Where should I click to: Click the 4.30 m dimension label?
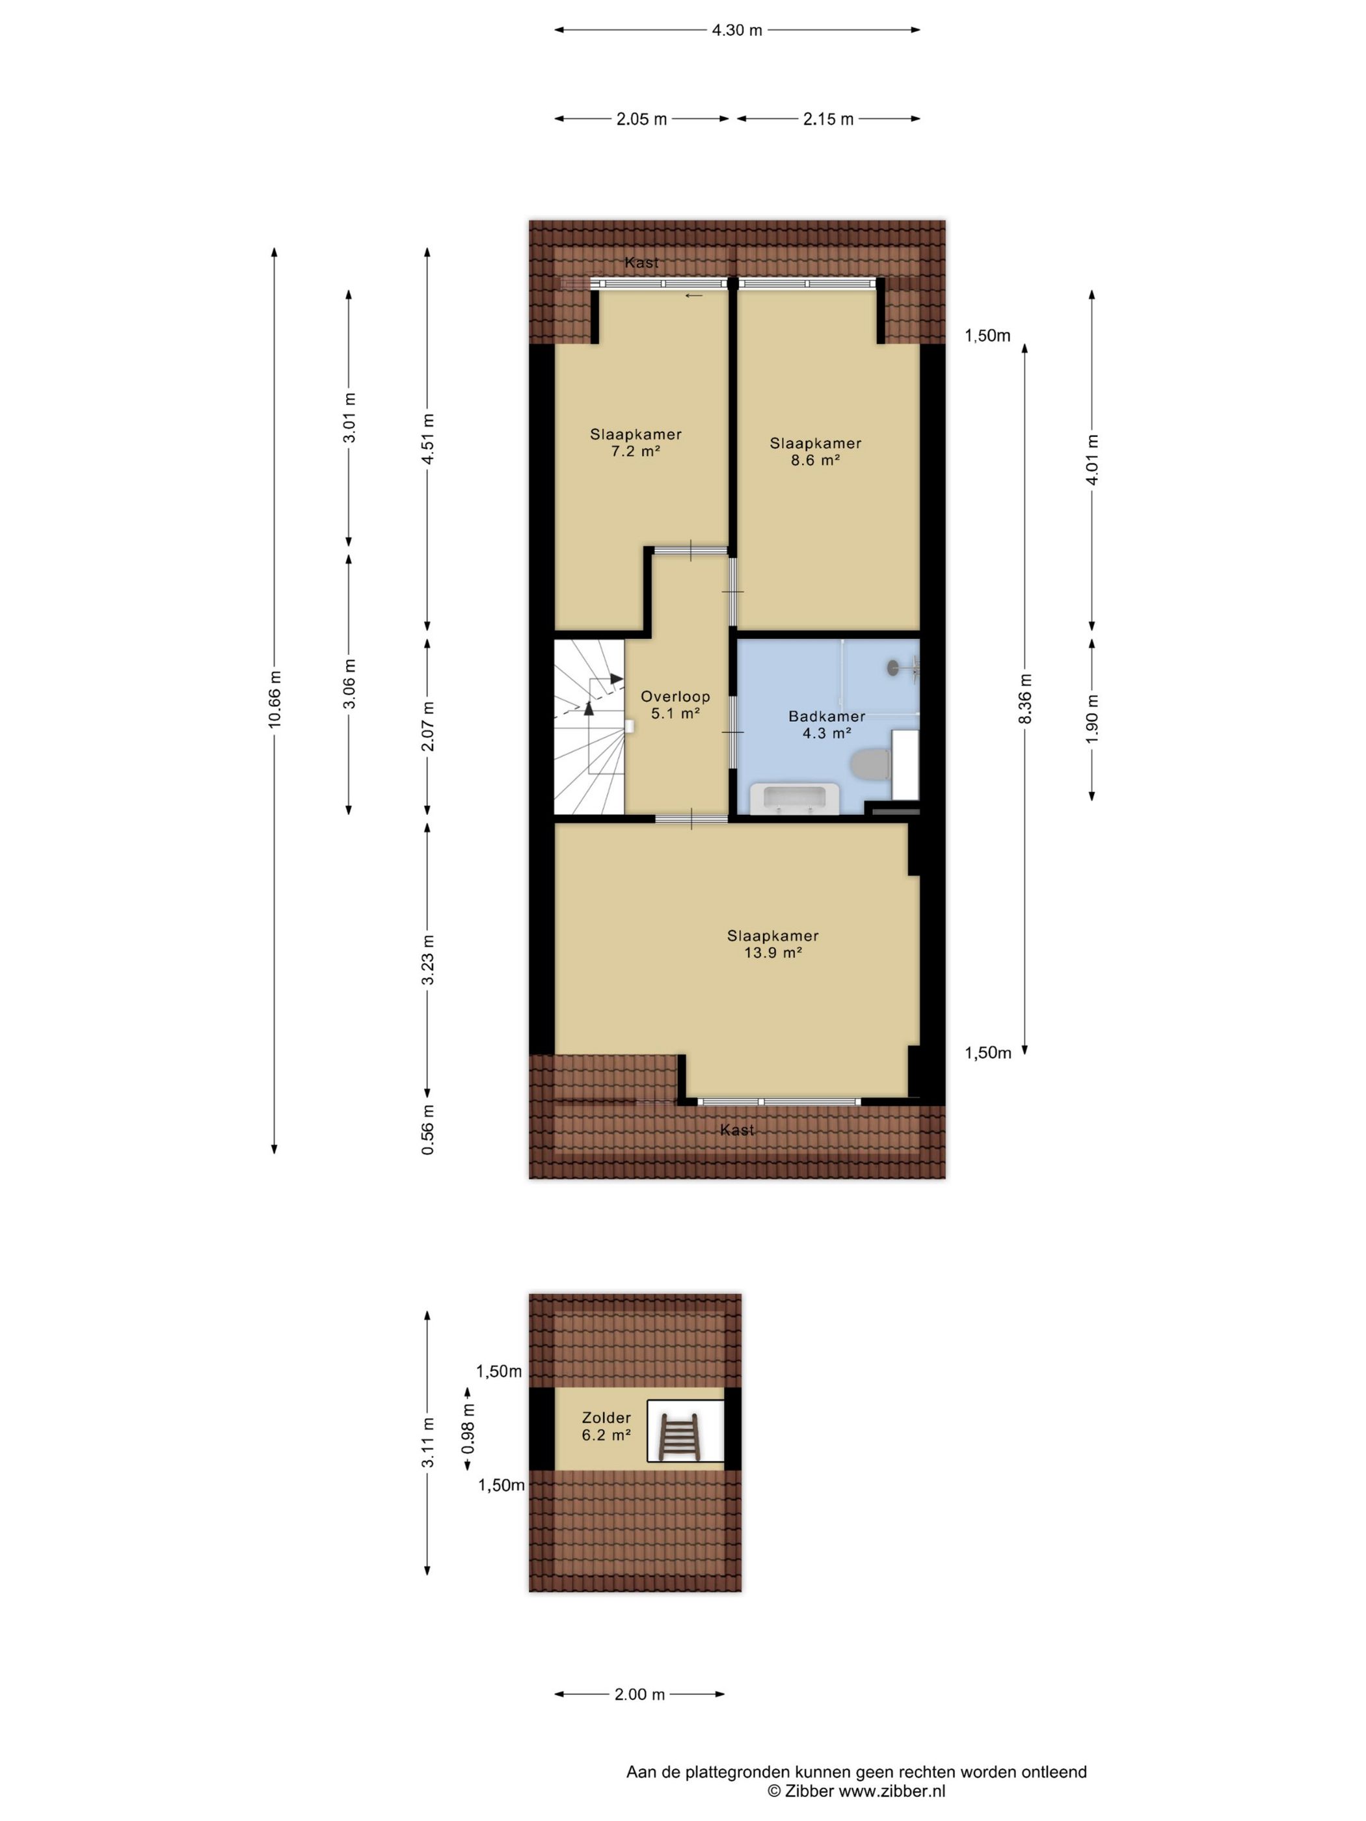coord(737,31)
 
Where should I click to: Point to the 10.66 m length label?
coord(275,699)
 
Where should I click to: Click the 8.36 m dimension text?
coord(1025,699)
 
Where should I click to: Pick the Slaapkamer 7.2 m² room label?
coord(636,443)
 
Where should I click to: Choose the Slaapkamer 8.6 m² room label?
coord(815,452)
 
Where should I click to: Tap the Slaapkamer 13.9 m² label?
coord(772,944)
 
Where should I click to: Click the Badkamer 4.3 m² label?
coord(827,724)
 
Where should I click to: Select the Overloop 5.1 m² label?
coord(675,705)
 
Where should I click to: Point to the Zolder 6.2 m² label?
coord(606,1426)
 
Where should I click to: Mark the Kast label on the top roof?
coord(641,263)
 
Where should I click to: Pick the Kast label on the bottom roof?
coord(737,1130)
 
